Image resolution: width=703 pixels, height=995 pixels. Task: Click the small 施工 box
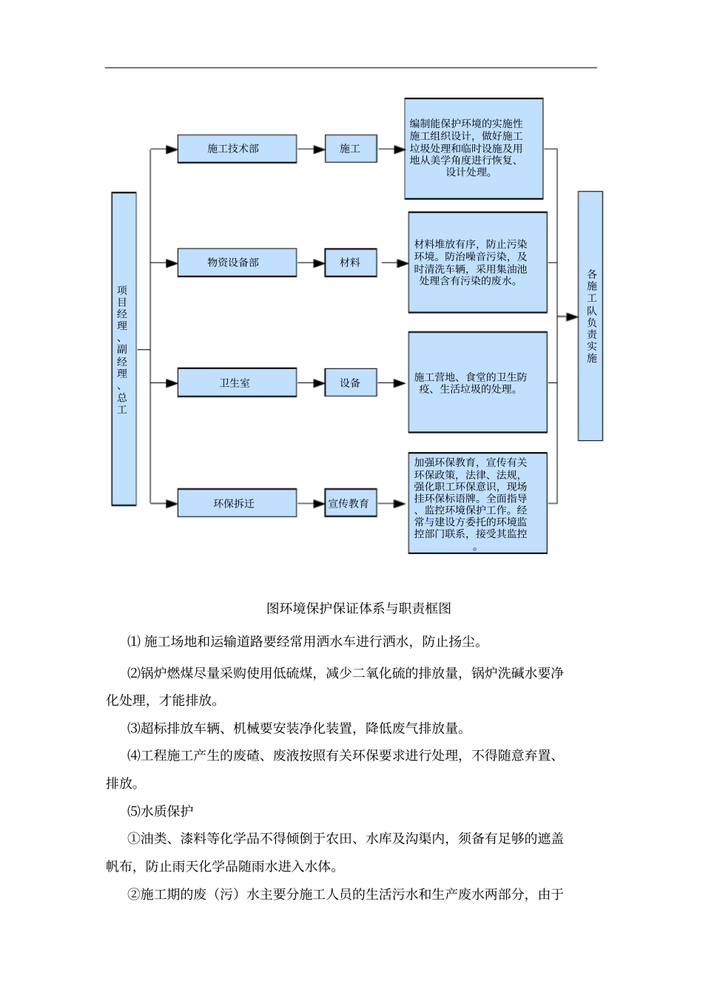tap(350, 149)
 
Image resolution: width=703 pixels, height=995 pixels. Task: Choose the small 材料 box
tap(350, 263)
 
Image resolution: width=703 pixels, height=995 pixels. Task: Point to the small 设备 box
tap(350, 383)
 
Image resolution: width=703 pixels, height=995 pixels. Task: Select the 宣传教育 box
tap(350, 503)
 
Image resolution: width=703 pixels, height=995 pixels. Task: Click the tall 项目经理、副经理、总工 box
tap(124, 349)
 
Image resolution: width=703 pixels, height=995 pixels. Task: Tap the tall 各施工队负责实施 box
tap(591, 316)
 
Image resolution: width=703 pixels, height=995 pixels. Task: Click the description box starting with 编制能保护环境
tap(474, 149)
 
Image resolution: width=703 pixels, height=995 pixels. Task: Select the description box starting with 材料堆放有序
tap(477, 263)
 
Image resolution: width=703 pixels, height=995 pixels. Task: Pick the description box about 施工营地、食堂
tap(477, 382)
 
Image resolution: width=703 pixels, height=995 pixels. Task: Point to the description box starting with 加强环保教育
tap(477, 503)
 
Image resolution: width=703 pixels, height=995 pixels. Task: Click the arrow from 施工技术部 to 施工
tap(311, 149)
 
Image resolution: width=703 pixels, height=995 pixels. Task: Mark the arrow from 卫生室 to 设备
tap(311, 383)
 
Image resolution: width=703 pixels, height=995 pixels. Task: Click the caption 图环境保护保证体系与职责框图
tap(358, 609)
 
